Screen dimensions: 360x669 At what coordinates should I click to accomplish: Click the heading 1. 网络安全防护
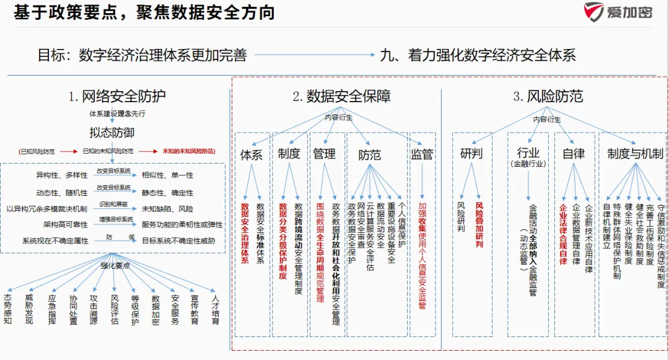tap(117, 96)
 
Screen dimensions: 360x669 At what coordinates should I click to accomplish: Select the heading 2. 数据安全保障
tap(341, 96)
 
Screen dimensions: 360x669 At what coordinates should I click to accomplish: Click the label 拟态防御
tap(111, 133)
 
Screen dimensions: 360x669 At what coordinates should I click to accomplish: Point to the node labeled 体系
tap(251, 154)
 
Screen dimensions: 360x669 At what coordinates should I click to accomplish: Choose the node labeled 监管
tap(422, 154)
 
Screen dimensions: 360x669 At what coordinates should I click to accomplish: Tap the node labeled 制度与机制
tap(635, 154)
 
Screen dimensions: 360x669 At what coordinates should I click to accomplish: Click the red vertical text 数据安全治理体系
tap(245, 233)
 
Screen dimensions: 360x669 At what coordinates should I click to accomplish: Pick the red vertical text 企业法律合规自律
tap(563, 234)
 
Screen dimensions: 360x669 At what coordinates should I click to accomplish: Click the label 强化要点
tap(116, 265)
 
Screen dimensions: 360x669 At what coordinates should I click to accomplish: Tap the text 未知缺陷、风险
tap(167, 209)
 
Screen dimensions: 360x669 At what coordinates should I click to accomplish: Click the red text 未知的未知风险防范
tap(188, 151)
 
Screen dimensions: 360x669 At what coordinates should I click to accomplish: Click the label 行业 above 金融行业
tap(528, 152)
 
